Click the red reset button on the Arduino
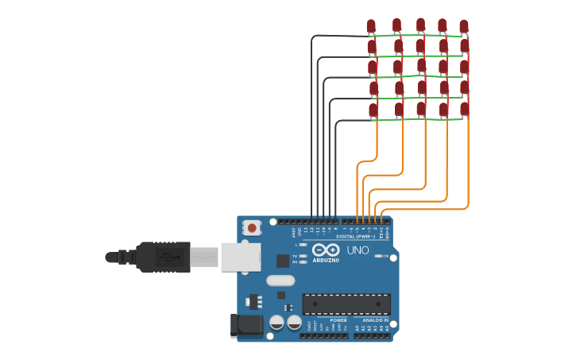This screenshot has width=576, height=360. coord(252,228)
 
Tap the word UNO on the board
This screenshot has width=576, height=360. coord(358,250)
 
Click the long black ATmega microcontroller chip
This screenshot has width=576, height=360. coord(346,304)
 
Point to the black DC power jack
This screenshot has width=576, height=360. coord(246,324)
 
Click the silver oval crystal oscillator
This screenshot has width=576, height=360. coord(280,280)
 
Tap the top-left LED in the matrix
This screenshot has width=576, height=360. coord(371,26)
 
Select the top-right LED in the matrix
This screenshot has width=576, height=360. coord(464,26)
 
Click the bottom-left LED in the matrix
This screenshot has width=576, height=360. coord(373,109)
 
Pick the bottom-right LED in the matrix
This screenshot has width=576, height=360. coord(465,108)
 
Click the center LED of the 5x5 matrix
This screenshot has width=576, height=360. coord(421,66)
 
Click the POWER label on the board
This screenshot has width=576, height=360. coord(350,320)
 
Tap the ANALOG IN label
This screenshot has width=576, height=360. coord(377,320)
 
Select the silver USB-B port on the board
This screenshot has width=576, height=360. coord(241,257)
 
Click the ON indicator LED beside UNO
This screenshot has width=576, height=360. coord(378,256)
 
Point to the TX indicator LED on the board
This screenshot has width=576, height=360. coord(303,256)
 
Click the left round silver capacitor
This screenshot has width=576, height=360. coord(276,322)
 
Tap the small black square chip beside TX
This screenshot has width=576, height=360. coord(283,261)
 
